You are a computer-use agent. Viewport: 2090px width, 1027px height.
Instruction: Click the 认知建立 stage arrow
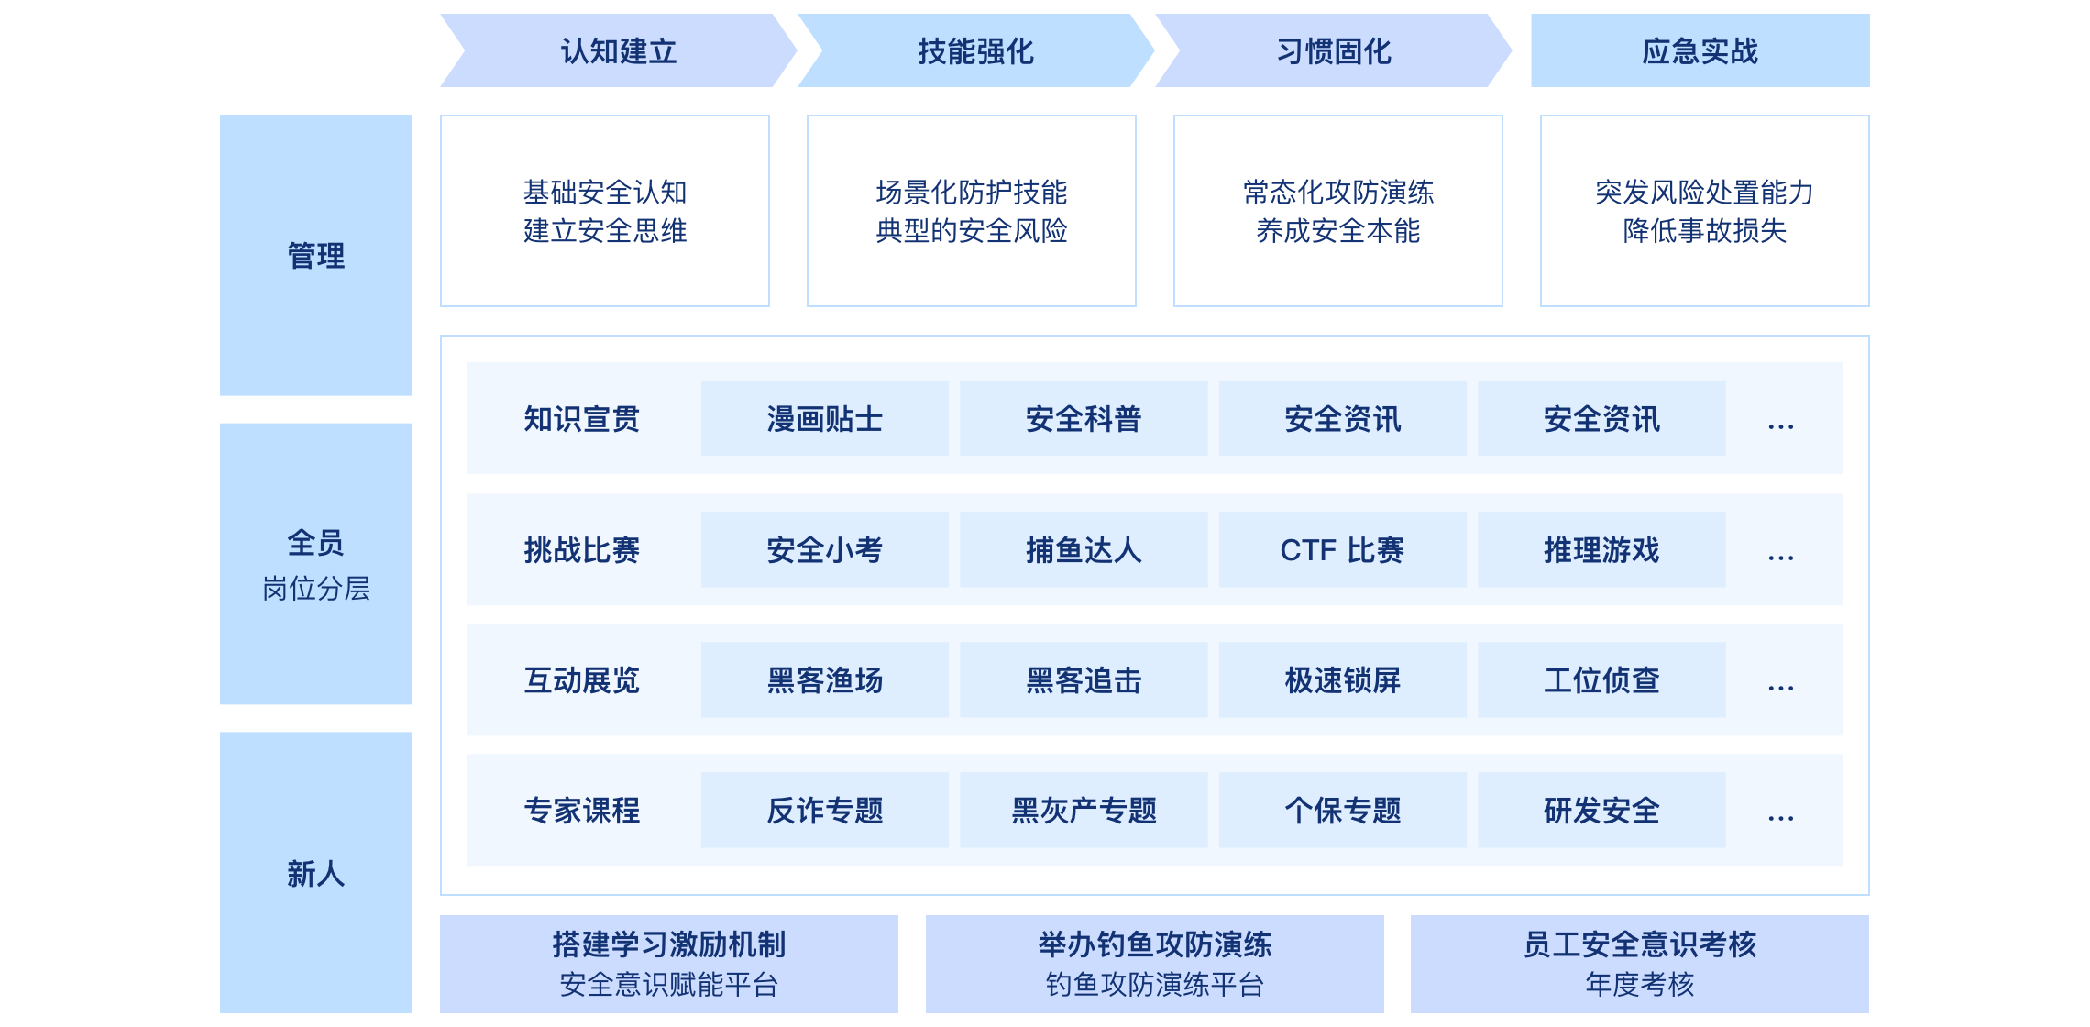coord(619,51)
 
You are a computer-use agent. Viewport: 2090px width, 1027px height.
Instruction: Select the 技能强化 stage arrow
coord(975,51)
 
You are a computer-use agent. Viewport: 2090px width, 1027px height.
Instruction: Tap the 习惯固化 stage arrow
coord(1334,51)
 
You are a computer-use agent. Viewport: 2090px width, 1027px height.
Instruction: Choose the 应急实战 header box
coord(1699,51)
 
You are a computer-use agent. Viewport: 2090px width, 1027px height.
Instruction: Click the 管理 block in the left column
coord(316,255)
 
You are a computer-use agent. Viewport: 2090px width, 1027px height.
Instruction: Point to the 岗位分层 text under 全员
coord(316,589)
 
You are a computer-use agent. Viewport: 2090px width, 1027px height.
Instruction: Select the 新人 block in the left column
coord(316,873)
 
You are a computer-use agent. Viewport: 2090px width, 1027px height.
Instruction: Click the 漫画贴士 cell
coord(824,419)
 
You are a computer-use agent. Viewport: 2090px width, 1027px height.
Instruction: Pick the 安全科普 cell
coord(1083,419)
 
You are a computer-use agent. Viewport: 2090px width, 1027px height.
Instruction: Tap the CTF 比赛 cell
coord(1342,550)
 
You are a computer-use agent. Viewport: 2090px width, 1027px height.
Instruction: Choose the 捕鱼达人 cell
coord(1083,550)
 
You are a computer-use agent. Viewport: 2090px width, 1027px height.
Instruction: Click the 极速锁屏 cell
coord(1342,680)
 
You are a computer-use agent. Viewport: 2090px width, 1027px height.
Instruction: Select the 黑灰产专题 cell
coord(1083,811)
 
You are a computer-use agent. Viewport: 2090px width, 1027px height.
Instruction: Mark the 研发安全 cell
coord(1601,811)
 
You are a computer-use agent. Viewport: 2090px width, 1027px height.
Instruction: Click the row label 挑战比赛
coord(581,550)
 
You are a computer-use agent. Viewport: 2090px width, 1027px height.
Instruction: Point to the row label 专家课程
coord(581,811)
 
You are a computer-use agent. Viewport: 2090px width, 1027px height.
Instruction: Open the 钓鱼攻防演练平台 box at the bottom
coord(1154,965)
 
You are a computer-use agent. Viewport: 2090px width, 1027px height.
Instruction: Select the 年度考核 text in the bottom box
coord(1639,985)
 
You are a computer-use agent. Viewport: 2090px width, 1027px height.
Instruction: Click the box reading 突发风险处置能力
coord(1704,211)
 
